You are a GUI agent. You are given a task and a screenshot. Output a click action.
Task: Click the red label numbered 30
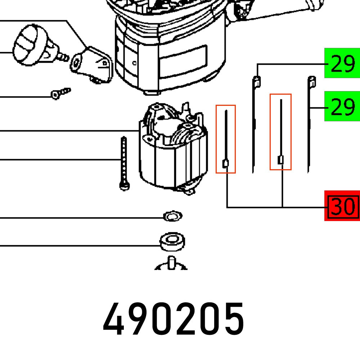pos(342,206)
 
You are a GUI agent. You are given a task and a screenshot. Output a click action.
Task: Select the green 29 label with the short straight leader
pos(342,106)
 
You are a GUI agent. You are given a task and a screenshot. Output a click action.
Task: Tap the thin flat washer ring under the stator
pos(172,217)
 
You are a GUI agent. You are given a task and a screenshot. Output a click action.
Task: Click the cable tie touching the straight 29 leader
pos(310,122)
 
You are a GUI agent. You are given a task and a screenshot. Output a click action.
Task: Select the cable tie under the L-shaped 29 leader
pos(254,122)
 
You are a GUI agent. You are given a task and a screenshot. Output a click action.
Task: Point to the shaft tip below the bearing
pos(171,262)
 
